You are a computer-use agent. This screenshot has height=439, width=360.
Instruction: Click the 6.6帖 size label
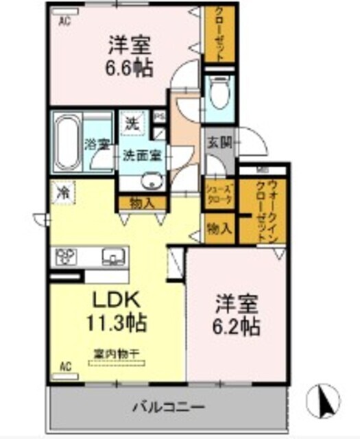pyautogui.click(x=130, y=69)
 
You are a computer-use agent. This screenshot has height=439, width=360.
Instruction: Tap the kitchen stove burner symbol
pyautogui.click(x=66, y=257)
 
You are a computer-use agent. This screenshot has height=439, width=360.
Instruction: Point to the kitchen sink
pyautogui.click(x=111, y=258)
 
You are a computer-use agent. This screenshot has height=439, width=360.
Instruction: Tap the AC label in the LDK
pyautogui.click(x=65, y=366)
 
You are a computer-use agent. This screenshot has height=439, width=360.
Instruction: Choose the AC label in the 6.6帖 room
pyautogui.click(x=64, y=21)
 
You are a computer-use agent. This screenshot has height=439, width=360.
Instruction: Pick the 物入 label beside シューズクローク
pyautogui.click(x=219, y=227)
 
